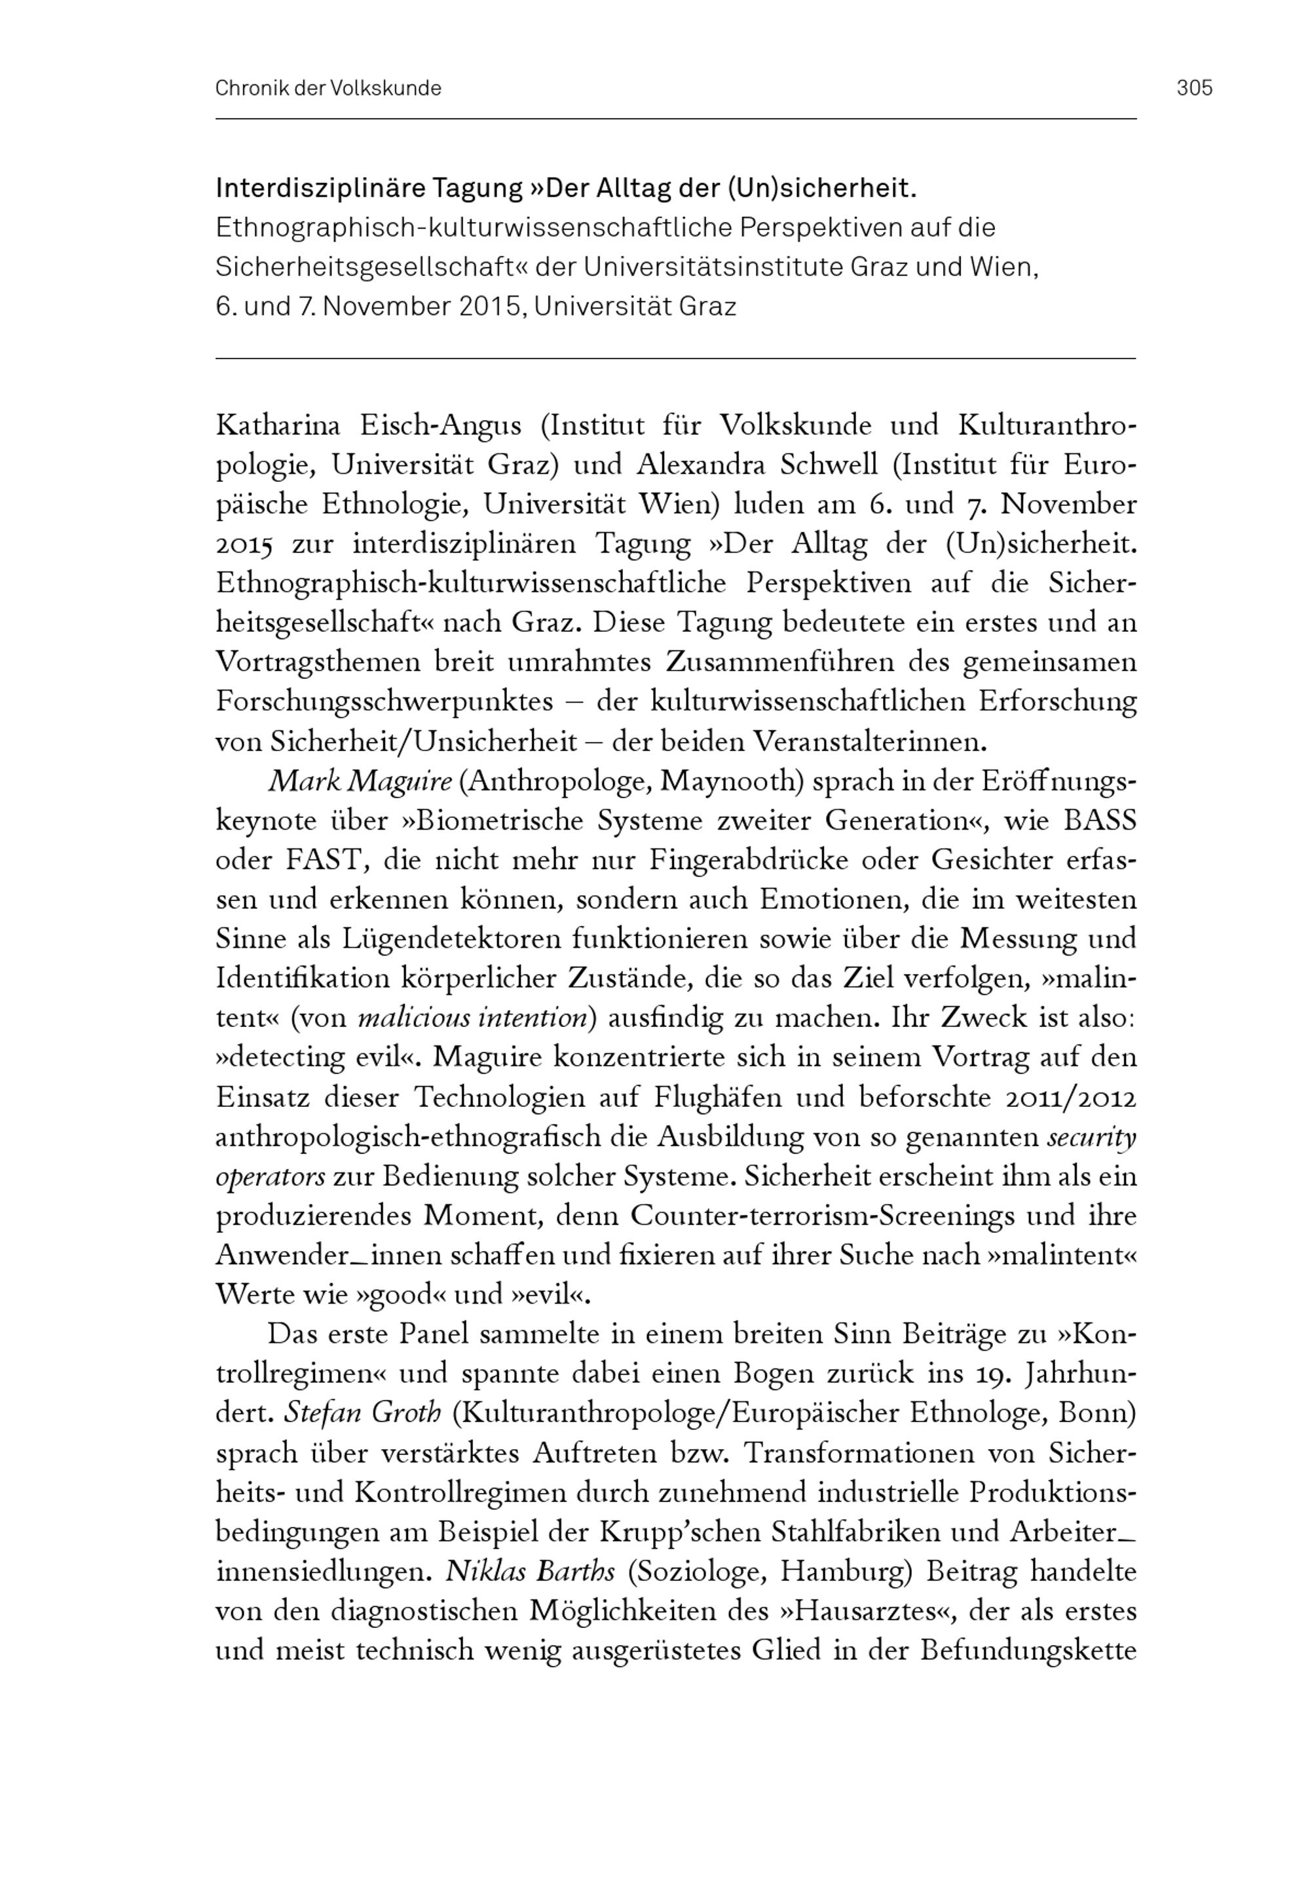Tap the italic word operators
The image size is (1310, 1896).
pyautogui.click(x=270, y=1176)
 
